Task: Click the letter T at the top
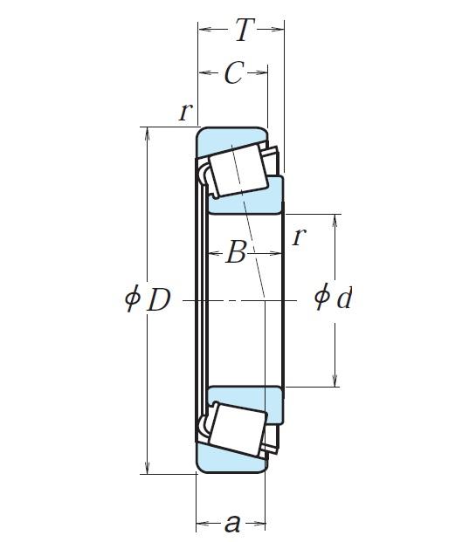tap(242, 31)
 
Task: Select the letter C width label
tap(232, 74)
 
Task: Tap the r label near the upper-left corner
tap(184, 112)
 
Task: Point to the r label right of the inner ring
tap(299, 236)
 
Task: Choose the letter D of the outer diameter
tap(158, 300)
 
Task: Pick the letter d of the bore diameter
tap(344, 299)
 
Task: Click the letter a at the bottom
tap(232, 524)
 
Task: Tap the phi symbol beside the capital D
tap(133, 299)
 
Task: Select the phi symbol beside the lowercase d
tap(322, 298)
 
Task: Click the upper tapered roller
tap(238, 170)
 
